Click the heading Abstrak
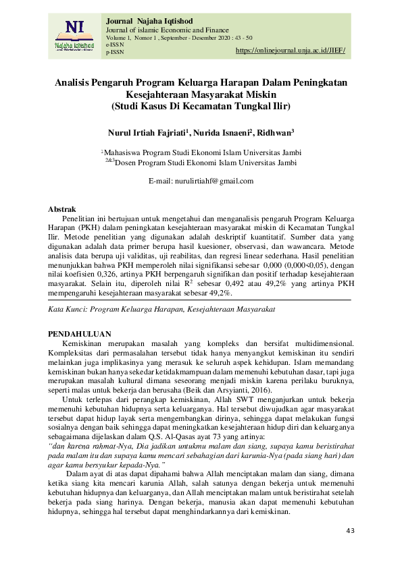click(63, 210)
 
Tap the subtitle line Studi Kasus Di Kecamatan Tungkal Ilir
click(201, 106)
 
